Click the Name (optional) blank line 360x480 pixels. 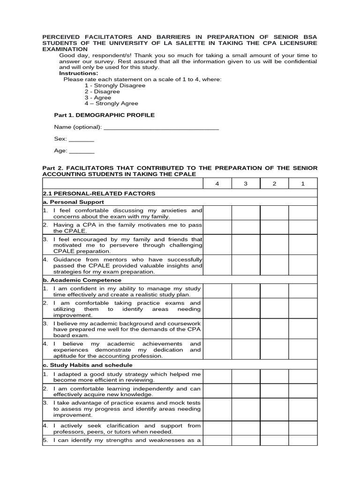tap(161, 127)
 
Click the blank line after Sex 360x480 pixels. tap(82, 140)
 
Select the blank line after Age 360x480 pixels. tap(82, 151)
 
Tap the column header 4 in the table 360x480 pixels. tap(217, 184)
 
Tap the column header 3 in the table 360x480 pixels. tap(246, 184)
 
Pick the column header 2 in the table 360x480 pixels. tap(274, 184)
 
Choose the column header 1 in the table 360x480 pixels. tap(303, 184)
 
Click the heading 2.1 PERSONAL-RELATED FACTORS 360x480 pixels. tap(99, 194)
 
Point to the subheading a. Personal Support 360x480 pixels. tap(73, 202)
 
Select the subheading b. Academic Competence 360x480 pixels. tap(82, 280)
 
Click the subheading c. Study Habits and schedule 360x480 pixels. tap(88, 365)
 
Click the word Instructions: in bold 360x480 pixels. tap(79, 74)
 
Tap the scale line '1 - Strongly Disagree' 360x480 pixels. tap(115, 86)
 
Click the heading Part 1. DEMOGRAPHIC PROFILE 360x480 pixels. tap(105, 115)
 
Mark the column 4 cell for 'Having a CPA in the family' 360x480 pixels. tap(217, 228)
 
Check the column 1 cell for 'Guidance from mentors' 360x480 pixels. tap(303, 265)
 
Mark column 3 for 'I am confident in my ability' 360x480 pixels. tap(246, 291)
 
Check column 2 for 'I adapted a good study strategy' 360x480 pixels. tap(274, 377)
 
